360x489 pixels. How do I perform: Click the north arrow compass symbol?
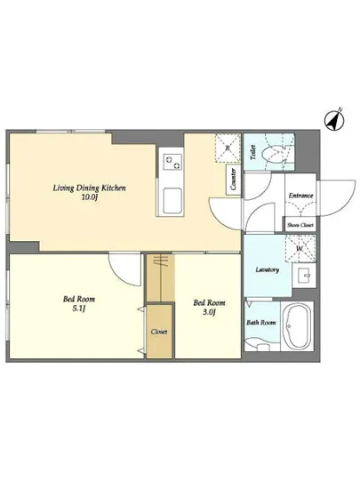coord(335,119)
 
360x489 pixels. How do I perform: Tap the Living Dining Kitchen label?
coord(90,188)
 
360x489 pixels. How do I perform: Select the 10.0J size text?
coord(90,197)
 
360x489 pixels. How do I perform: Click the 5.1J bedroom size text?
coord(79,309)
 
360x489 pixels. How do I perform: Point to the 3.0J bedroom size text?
coord(209,312)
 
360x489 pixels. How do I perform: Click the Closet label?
coord(159,332)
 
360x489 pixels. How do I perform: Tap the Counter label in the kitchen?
coord(233,180)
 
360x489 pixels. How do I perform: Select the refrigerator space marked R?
coord(228,148)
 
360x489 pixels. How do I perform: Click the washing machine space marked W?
coord(300,249)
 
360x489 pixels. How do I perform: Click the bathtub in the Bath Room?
coord(298,326)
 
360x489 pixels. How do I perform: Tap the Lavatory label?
coord(268,269)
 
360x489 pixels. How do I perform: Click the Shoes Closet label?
coord(300,225)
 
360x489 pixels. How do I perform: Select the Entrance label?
coord(300,196)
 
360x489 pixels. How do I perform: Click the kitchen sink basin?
coord(172,201)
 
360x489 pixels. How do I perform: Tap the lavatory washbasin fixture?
coord(304,275)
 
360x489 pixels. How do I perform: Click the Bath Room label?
coord(261,323)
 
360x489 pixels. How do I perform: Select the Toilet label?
coord(253,152)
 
